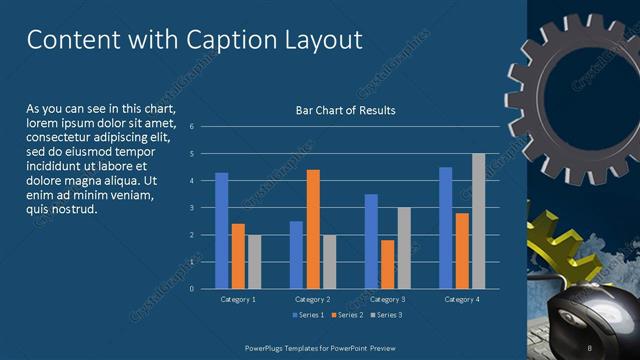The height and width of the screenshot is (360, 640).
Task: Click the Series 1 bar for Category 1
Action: [x=221, y=230]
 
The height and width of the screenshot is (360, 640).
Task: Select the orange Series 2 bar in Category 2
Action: [x=313, y=229]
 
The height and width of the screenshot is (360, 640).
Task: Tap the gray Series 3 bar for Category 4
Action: [x=478, y=221]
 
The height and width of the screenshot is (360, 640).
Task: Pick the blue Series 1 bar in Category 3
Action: [x=371, y=241]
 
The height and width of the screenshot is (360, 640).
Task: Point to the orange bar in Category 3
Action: [x=387, y=264]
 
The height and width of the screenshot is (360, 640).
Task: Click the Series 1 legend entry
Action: [x=308, y=316]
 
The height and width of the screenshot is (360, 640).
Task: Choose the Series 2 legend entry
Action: [x=346, y=316]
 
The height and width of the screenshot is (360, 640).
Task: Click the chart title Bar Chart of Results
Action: [x=345, y=110]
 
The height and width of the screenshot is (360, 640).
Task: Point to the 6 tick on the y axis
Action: [x=190, y=127]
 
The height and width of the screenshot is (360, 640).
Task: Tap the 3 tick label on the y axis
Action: [x=190, y=208]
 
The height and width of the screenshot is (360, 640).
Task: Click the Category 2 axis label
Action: [x=312, y=299]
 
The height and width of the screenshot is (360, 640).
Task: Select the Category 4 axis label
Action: [x=462, y=299]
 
